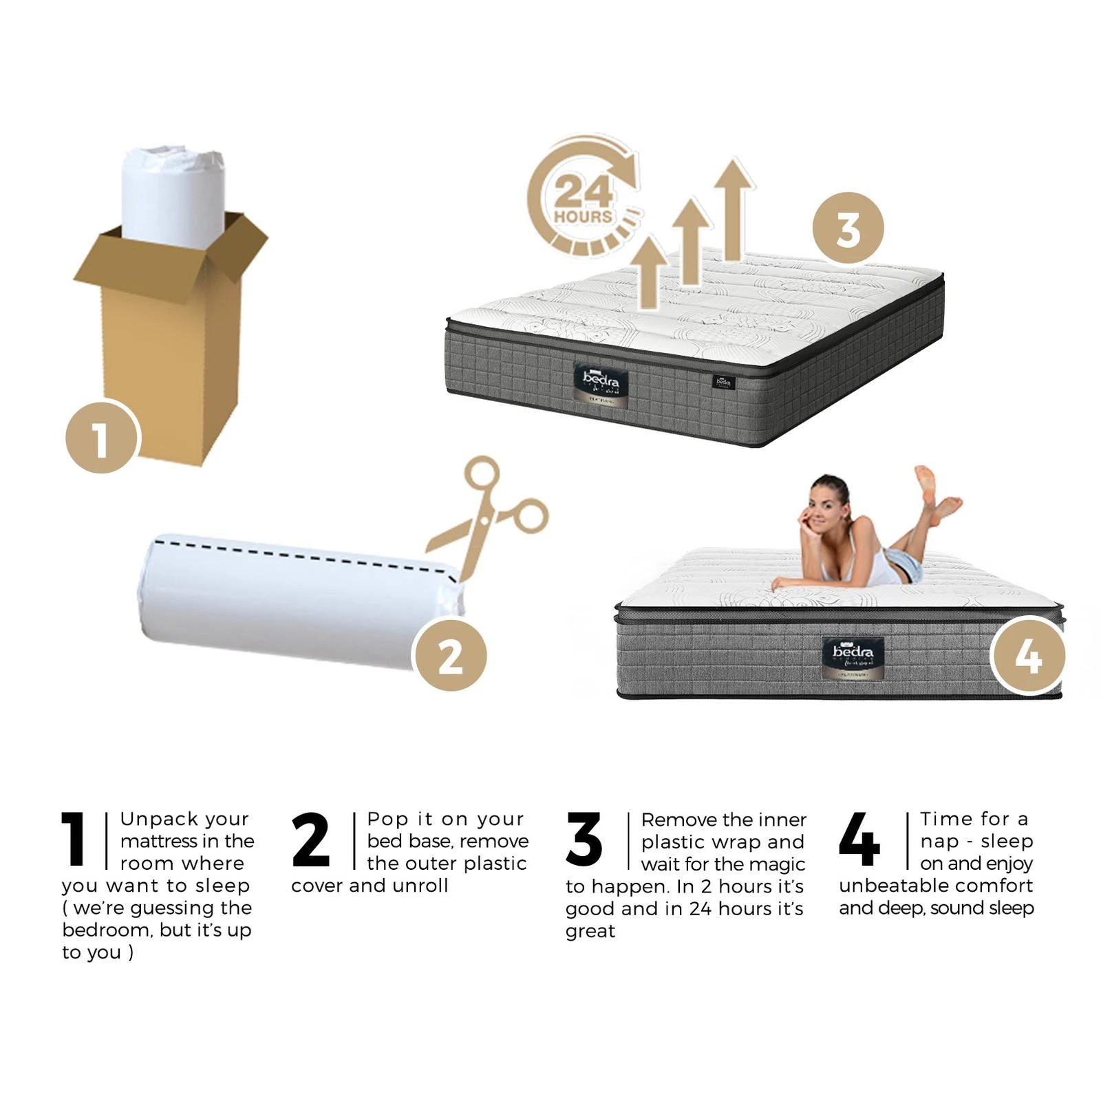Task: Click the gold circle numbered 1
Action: (x=102, y=438)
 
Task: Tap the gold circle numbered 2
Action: (x=451, y=655)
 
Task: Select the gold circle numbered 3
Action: (x=848, y=228)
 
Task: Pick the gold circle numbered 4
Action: (x=1027, y=655)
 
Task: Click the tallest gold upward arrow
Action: (x=734, y=206)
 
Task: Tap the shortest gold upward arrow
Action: (x=648, y=272)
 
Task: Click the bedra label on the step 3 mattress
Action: (x=601, y=383)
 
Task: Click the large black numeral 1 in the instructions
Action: (x=74, y=839)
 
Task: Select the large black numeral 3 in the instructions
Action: (x=584, y=839)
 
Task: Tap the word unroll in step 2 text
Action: (x=420, y=886)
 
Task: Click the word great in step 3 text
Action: (x=590, y=931)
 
